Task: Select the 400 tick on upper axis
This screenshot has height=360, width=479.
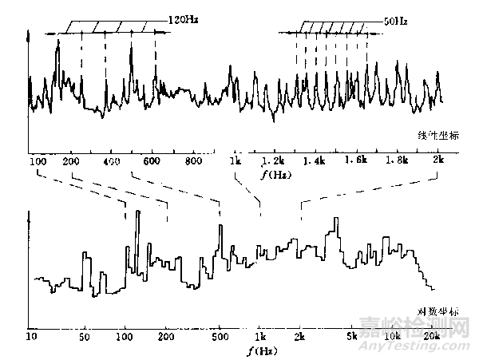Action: (111, 161)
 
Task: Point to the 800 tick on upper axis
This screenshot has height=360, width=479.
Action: (192, 161)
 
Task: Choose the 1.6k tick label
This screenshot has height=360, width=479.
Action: (357, 161)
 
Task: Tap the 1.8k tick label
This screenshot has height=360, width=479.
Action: (397, 161)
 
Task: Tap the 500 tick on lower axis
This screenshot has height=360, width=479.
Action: (219, 335)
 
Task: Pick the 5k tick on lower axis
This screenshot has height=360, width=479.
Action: (352, 335)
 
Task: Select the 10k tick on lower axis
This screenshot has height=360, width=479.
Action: (392, 335)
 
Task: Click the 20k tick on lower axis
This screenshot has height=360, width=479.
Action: (432, 335)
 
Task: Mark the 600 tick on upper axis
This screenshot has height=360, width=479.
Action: (151, 161)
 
